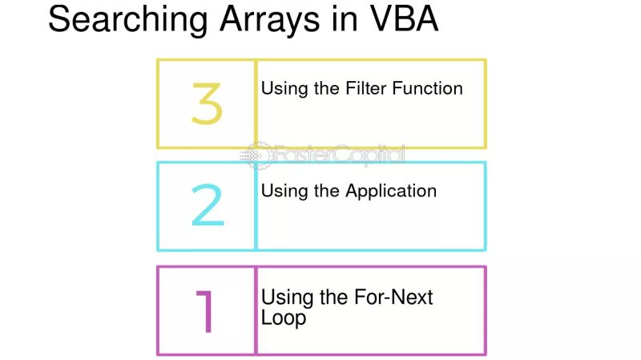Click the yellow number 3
tap(206, 104)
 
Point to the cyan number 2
tap(207, 206)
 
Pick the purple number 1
tap(206, 310)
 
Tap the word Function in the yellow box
tap(425, 88)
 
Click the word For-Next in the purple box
tap(393, 297)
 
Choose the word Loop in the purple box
tap(284, 318)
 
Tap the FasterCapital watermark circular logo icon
tap(257, 154)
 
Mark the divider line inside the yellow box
tap(256, 104)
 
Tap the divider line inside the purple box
tap(256, 310)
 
